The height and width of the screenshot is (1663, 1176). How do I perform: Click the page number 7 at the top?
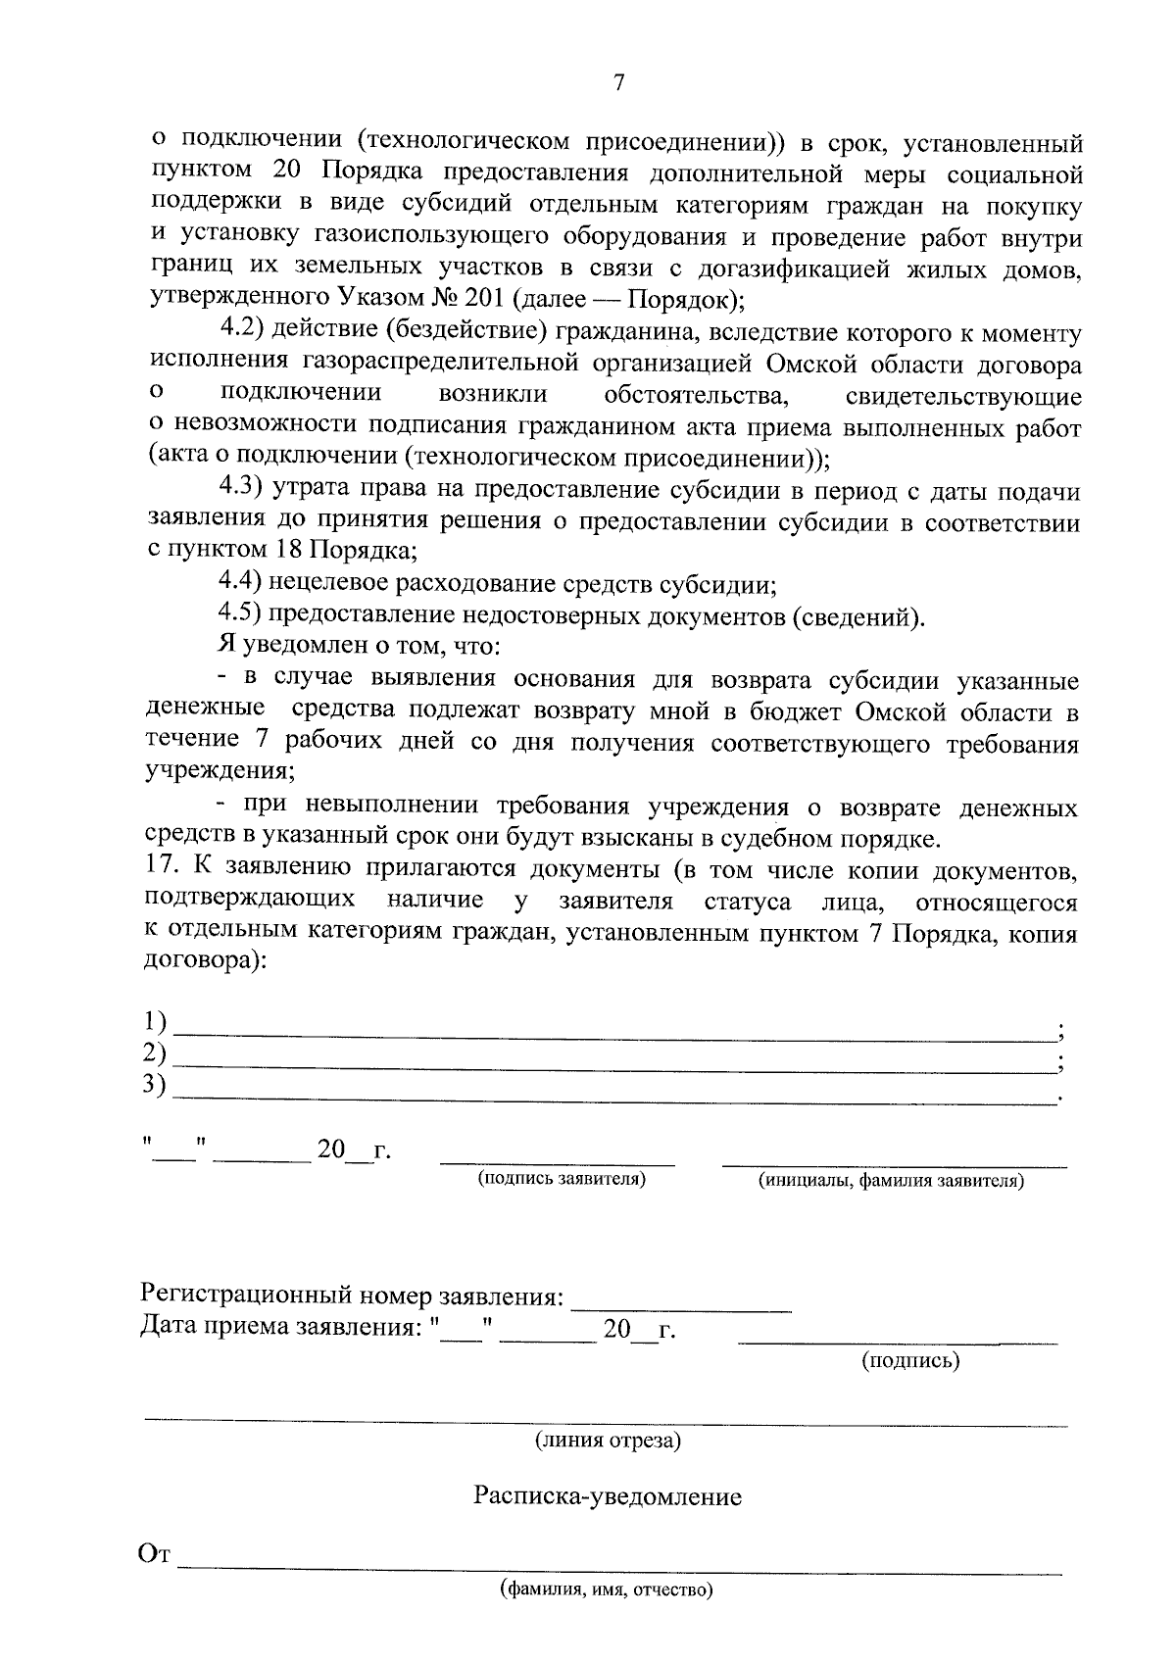618,83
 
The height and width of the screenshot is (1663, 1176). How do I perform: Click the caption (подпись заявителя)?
562,1179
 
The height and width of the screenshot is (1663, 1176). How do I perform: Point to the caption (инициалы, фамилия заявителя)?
891,1181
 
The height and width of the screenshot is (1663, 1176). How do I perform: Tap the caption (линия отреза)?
608,1441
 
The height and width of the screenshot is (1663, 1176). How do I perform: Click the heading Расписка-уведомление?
608,1496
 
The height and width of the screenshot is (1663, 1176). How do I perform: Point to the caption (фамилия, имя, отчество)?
606,1590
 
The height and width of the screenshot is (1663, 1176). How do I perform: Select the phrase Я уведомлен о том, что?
359,648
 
